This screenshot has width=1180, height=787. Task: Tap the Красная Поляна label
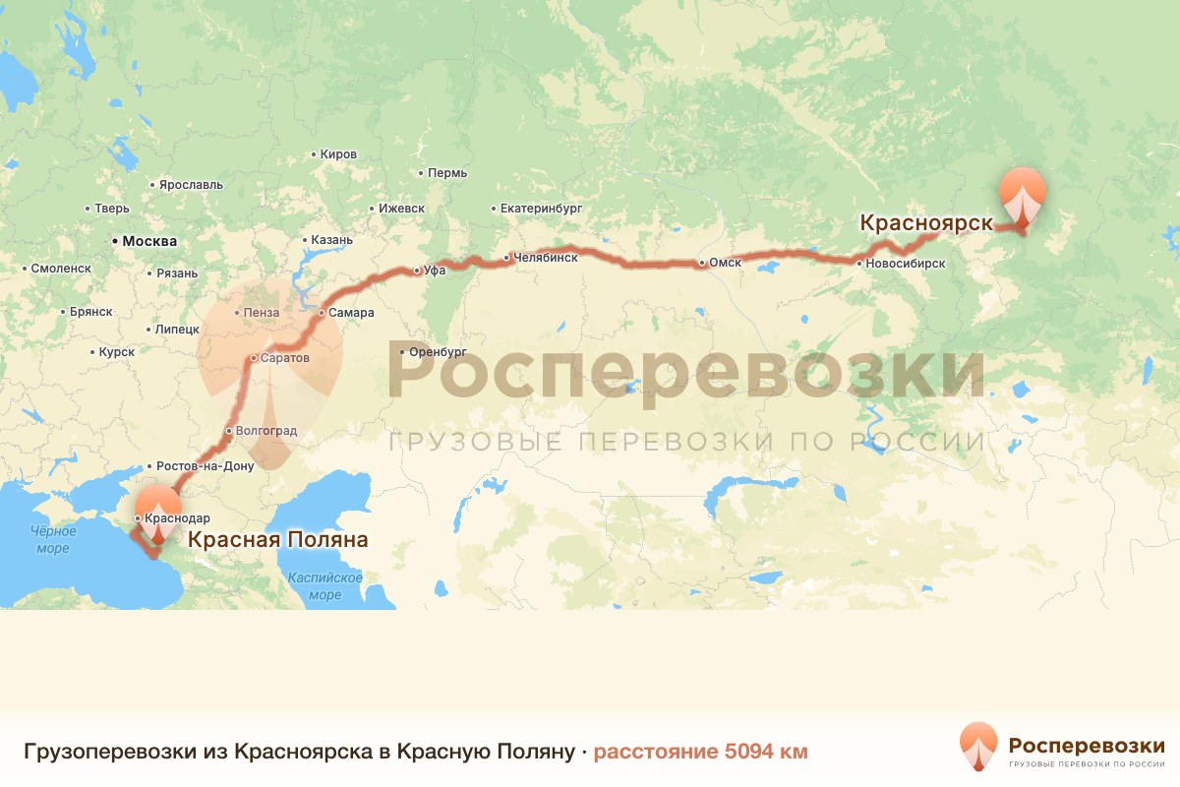tap(278, 540)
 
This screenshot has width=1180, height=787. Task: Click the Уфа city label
tap(433, 271)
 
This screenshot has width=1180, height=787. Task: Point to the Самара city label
tap(352, 313)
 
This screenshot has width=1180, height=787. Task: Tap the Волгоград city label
tap(265, 431)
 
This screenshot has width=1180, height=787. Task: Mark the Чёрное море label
tap(53, 539)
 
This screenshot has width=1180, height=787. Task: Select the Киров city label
tap(338, 154)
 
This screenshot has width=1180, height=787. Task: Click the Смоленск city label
tap(61, 268)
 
